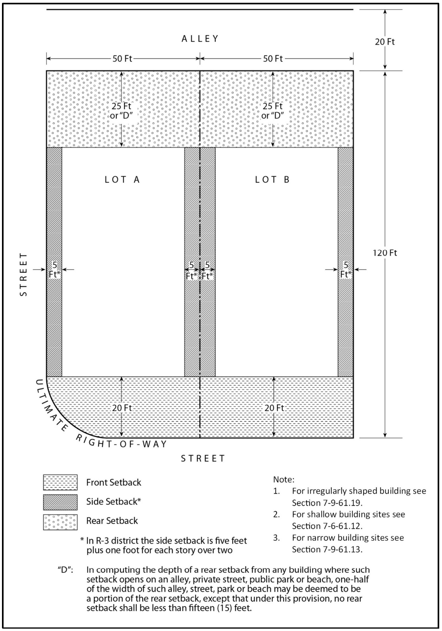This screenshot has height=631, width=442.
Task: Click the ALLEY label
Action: click(x=200, y=38)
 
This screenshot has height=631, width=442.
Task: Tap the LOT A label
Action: click(x=122, y=179)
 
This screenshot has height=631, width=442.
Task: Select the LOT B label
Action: click(x=272, y=179)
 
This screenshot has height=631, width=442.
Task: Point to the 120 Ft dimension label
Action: click(x=385, y=253)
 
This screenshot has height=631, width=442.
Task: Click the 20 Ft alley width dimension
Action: click(x=385, y=42)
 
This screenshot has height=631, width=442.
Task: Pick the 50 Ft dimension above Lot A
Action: click(x=122, y=59)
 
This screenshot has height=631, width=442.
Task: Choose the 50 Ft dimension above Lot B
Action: click(x=273, y=59)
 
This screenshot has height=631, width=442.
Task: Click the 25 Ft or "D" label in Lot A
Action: click(x=122, y=111)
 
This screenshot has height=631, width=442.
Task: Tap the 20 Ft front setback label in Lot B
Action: click(x=274, y=408)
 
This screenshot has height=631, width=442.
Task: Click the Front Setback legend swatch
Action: click(x=60, y=482)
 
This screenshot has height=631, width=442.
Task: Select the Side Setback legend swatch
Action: click(x=60, y=502)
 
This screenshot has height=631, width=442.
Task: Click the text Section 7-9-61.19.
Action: click(x=327, y=503)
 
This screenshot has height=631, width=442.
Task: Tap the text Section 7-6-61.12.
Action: click(x=327, y=526)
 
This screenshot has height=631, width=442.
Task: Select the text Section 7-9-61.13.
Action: click(x=327, y=549)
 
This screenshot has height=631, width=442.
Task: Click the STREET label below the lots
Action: click(x=203, y=458)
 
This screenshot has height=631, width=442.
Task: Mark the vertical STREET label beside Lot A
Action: click(x=24, y=274)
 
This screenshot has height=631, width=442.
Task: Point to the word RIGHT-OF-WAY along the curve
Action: click(x=121, y=443)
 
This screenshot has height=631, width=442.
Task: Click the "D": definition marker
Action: click(x=65, y=570)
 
